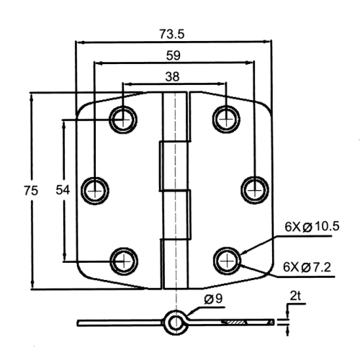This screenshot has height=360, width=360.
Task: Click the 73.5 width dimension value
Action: [x=172, y=34]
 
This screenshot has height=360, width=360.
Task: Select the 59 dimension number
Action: [x=173, y=55]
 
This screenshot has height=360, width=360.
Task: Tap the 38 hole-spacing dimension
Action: [x=172, y=77]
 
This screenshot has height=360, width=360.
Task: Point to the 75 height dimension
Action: [x=31, y=191]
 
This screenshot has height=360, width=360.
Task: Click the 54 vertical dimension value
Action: [x=63, y=190]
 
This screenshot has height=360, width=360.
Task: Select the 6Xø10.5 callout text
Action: [x=312, y=226]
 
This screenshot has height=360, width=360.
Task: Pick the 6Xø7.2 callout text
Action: [x=307, y=267]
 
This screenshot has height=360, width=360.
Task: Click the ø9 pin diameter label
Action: [x=213, y=299]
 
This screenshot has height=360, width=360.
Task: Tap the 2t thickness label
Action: [x=295, y=296]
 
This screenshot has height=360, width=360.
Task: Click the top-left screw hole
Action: [x=123, y=120]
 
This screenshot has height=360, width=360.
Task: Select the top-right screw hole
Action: [x=226, y=119]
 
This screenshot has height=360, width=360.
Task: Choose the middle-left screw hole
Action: [x=95, y=191]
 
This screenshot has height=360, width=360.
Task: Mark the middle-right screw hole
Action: [x=255, y=190]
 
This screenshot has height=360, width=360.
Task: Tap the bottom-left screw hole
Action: [x=124, y=261]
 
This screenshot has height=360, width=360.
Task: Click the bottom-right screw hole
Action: [x=227, y=261]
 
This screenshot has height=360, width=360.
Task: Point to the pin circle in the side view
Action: [x=176, y=323]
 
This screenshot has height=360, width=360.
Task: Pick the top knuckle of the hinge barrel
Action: [x=175, y=117]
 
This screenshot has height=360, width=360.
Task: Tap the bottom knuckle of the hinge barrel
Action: [x=175, y=264]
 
